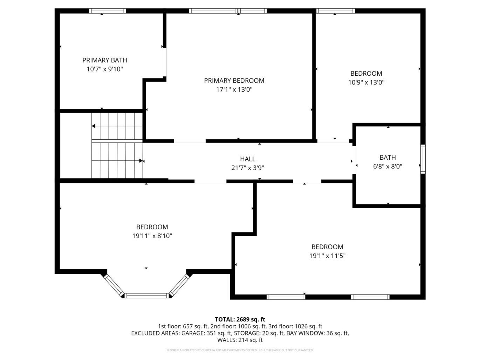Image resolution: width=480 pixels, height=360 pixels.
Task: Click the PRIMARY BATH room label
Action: (x=104, y=60)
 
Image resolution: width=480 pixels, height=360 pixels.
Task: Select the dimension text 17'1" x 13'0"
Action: (x=234, y=90)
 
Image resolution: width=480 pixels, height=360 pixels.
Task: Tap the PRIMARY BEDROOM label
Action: (x=234, y=81)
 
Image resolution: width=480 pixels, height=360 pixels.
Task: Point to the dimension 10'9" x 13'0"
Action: (x=366, y=83)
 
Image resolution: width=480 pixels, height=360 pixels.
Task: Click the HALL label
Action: (x=248, y=159)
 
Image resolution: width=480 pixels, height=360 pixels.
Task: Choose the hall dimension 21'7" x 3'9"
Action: (x=248, y=168)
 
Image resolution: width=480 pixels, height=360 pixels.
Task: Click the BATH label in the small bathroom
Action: (x=388, y=158)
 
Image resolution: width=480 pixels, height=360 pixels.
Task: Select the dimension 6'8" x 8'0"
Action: (x=388, y=167)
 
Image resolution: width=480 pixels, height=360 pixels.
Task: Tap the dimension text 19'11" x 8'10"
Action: (x=152, y=236)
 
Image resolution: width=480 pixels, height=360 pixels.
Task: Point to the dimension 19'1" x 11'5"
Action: (x=327, y=256)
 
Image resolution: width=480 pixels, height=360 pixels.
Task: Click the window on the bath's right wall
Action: (x=423, y=159)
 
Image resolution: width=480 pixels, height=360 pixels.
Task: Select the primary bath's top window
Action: (x=107, y=11)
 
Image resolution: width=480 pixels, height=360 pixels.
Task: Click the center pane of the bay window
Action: (x=147, y=296)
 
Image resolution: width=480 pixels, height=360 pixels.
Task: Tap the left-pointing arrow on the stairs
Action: (x=94, y=126)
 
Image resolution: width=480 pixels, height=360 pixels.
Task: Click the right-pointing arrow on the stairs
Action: (x=141, y=161)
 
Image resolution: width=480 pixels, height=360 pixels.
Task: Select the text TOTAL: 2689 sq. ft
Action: (x=240, y=319)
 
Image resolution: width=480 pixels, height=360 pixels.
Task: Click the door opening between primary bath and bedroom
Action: (x=164, y=62)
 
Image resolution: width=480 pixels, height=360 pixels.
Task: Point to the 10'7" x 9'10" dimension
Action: (x=104, y=69)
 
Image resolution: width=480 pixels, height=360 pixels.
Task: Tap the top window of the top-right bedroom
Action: (x=335, y=11)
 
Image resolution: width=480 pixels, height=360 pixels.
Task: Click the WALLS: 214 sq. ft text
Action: (x=240, y=340)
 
